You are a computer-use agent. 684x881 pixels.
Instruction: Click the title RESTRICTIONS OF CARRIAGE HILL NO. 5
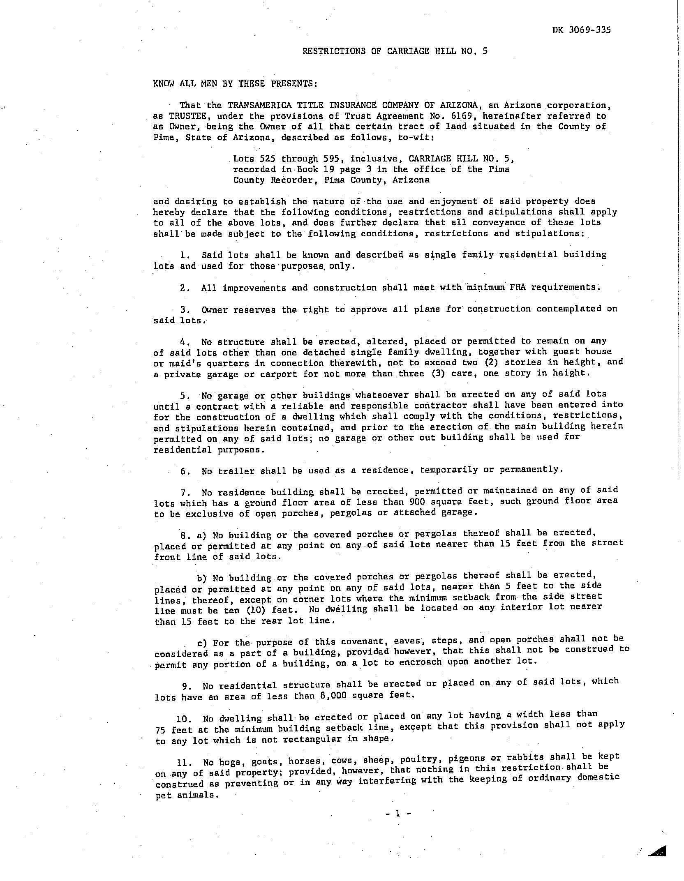coord(395,51)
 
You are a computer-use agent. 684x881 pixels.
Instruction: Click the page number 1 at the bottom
coord(397,813)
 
